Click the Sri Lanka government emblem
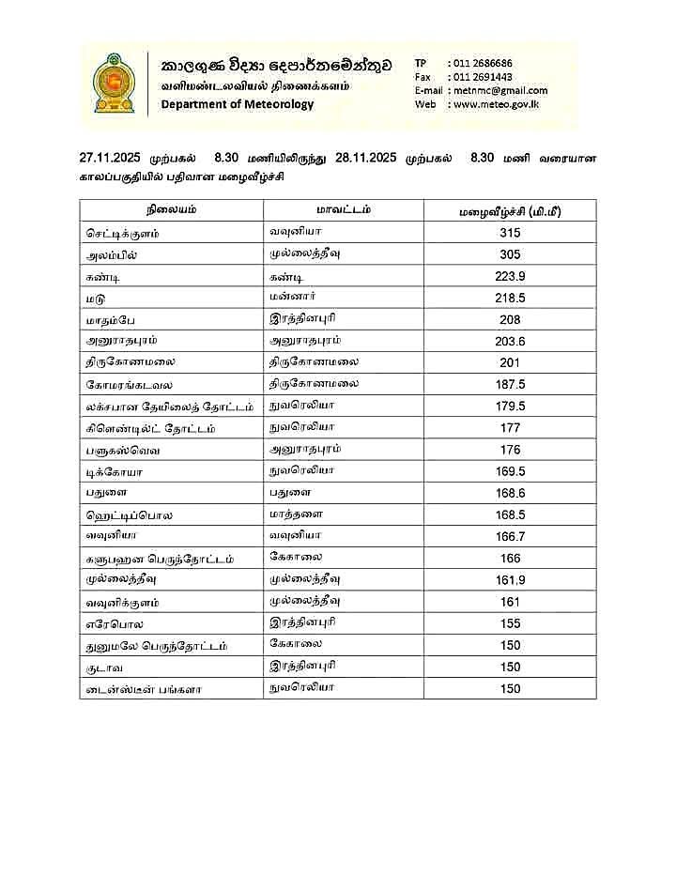pyautogui.click(x=114, y=84)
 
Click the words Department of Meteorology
pyautogui.click(x=238, y=104)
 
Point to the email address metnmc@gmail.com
pyautogui.click(x=499, y=90)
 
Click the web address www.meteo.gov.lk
pyautogui.click(x=496, y=104)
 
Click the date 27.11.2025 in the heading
pyautogui.click(x=114, y=158)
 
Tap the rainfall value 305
pyautogui.click(x=510, y=254)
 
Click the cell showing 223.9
pyautogui.click(x=510, y=276)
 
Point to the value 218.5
pyautogui.click(x=510, y=298)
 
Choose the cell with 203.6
pyautogui.click(x=510, y=341)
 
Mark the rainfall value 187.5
pyautogui.click(x=510, y=384)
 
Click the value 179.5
pyautogui.click(x=510, y=406)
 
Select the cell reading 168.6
pyautogui.click(x=510, y=493)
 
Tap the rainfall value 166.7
pyautogui.click(x=510, y=536)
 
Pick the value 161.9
pyautogui.click(x=510, y=580)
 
